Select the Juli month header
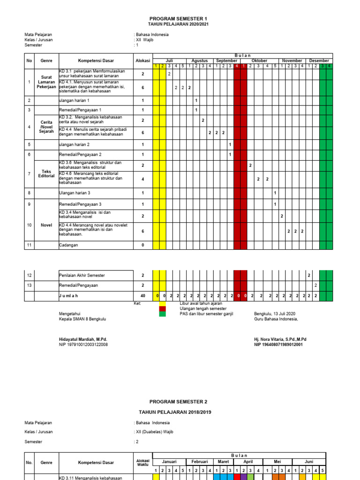tap(169, 61)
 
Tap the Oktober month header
tap(259, 61)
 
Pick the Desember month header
tap(319, 61)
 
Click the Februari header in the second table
tap(199, 461)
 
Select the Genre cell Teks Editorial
tap(46, 174)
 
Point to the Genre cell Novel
tap(46, 225)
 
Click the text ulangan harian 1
tap(74, 101)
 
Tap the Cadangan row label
tap(69, 245)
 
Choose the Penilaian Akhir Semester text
tap(81, 276)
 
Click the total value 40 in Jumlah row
tap(142, 296)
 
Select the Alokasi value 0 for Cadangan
tap(142, 245)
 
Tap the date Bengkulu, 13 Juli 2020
tap(275, 314)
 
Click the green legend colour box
tap(162, 314)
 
